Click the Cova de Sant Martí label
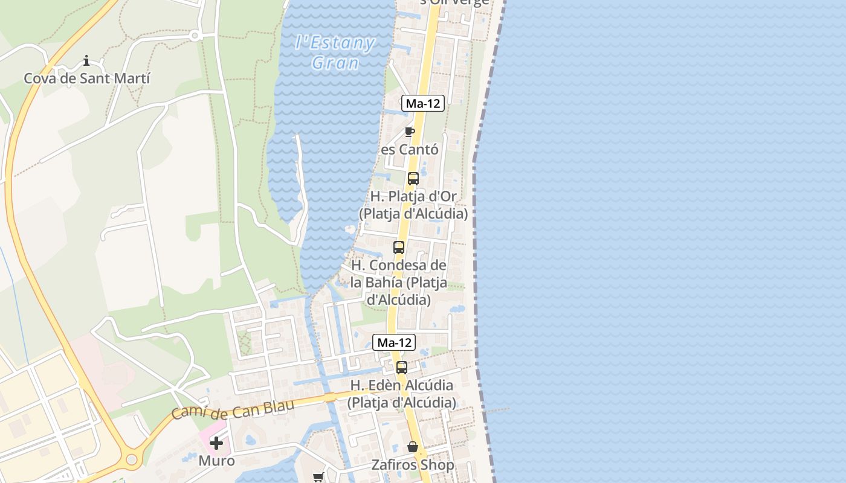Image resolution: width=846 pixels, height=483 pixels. (x=86, y=78)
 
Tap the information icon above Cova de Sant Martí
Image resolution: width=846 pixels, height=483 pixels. (x=86, y=60)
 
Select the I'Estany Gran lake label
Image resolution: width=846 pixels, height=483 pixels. (x=335, y=53)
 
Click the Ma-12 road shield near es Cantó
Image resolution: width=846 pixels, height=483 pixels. (x=423, y=103)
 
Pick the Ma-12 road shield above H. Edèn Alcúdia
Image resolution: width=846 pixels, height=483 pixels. (x=393, y=342)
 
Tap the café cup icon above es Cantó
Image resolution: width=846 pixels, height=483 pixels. (x=410, y=132)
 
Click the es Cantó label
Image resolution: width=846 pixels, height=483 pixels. (x=409, y=149)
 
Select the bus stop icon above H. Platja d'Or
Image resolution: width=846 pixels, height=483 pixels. (x=413, y=179)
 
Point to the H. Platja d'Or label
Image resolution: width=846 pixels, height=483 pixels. (x=413, y=205)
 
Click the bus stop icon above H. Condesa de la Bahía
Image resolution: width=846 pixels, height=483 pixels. (x=399, y=248)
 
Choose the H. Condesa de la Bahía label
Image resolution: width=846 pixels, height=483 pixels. (x=399, y=282)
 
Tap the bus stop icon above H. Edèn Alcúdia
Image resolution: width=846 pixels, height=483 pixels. (x=402, y=367)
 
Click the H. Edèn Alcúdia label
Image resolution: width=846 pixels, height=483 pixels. (x=402, y=394)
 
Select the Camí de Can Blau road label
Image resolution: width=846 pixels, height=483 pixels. (x=233, y=409)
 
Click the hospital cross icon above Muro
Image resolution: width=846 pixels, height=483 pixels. (x=216, y=444)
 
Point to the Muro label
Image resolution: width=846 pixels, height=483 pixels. (x=216, y=461)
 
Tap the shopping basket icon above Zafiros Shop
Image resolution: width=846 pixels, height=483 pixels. (x=413, y=447)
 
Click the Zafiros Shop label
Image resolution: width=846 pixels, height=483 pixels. (x=413, y=465)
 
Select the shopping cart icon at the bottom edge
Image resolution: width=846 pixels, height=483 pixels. (x=318, y=478)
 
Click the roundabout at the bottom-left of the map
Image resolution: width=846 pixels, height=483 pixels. (x=131, y=460)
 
